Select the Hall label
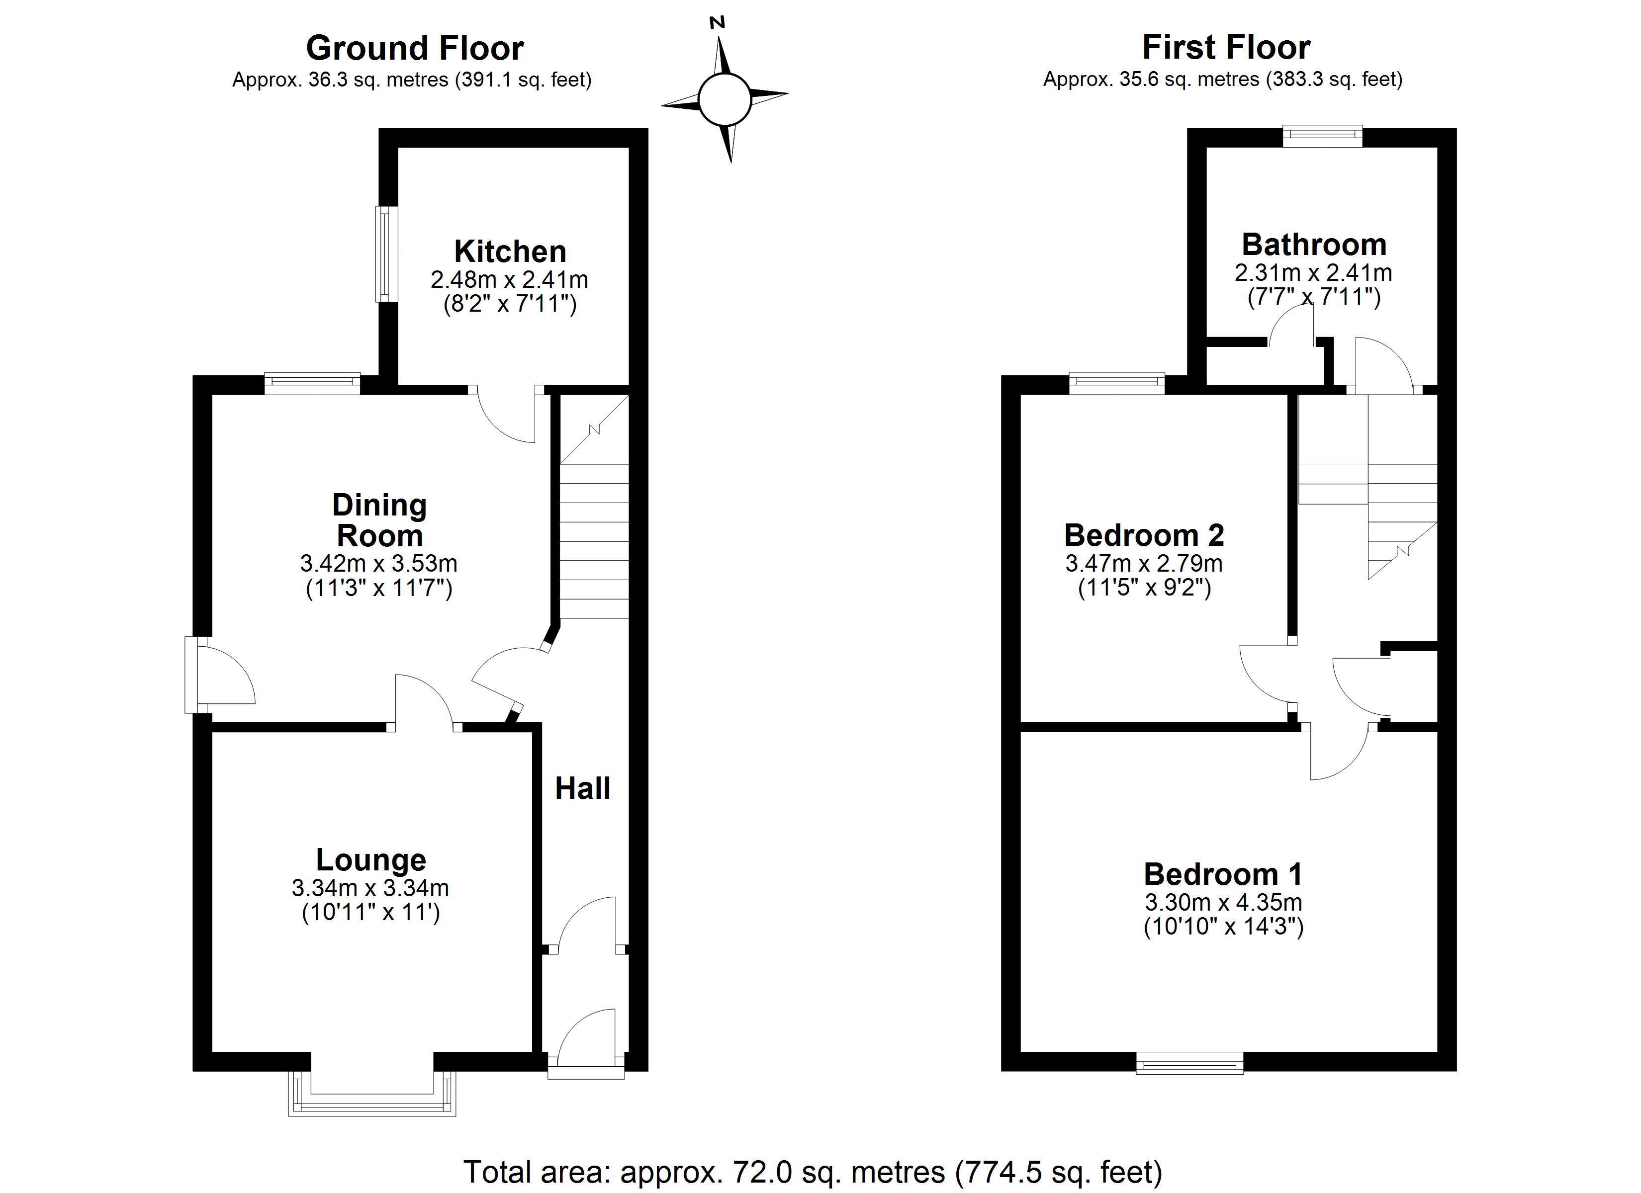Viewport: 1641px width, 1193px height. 582,788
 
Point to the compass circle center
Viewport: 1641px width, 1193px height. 724,99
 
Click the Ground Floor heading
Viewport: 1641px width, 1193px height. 415,49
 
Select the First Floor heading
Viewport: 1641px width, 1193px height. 1226,48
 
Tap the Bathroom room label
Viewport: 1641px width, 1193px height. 1314,245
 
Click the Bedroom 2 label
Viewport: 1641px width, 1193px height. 1144,535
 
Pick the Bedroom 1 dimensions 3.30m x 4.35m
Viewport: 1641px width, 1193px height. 1223,902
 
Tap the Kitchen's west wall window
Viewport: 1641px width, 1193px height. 386,255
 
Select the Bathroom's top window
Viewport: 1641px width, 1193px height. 1322,136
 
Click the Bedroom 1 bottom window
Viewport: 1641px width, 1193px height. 1189,1063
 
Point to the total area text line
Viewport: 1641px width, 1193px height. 813,1171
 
